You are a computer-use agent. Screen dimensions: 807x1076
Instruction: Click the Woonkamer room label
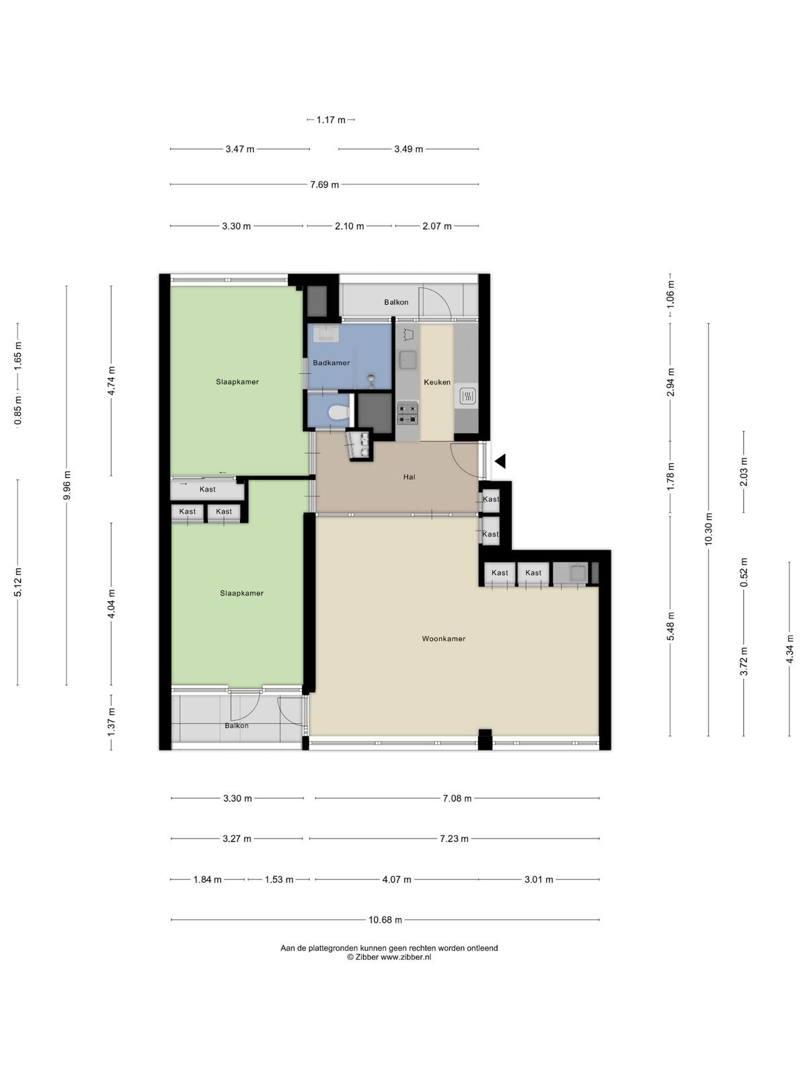point(443,639)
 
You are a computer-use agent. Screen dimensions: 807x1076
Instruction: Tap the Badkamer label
point(332,362)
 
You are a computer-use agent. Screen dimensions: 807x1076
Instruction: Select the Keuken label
point(437,383)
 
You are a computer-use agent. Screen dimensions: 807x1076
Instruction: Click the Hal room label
point(409,477)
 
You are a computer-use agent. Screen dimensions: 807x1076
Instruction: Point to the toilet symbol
point(337,412)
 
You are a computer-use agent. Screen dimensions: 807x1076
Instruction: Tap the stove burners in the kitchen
point(408,413)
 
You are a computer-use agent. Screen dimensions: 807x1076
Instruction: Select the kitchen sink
point(408,360)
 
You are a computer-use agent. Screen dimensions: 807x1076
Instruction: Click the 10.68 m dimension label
point(385,920)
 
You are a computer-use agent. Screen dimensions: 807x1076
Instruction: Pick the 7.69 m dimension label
point(324,185)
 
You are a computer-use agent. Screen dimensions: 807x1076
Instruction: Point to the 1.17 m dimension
point(331,120)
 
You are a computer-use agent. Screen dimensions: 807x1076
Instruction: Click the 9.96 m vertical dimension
point(67,486)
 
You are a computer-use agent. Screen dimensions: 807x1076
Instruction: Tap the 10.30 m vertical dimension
point(709,529)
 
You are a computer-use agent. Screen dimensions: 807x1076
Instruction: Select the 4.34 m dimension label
point(790,649)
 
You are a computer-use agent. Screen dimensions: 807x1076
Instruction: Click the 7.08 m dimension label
point(457,798)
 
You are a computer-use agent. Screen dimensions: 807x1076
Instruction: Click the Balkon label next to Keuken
point(396,303)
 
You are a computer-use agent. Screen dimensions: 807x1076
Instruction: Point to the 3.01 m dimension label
point(539,880)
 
